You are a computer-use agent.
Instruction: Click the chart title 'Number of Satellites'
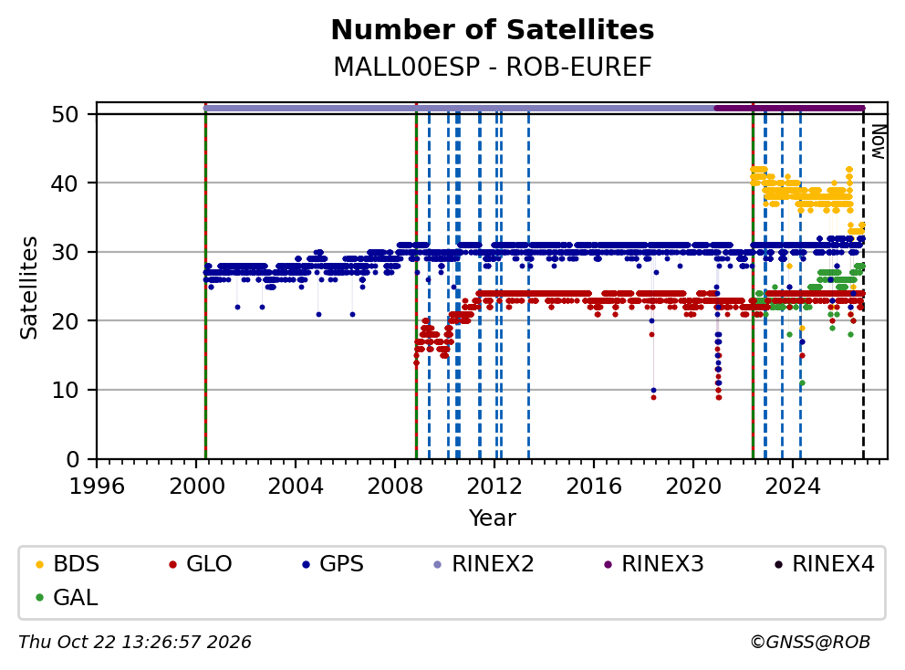(493, 30)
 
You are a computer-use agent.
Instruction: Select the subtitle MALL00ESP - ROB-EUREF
(493, 67)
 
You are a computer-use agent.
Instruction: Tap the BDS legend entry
(68, 564)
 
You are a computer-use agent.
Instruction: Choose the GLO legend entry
(201, 564)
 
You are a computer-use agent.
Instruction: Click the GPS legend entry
(333, 564)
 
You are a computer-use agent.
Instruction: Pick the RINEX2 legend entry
(484, 564)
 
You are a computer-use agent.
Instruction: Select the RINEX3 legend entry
(654, 564)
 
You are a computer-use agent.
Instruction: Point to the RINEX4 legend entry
(824, 564)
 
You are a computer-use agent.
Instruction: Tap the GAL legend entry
(67, 597)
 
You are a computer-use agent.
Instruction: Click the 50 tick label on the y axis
(65, 114)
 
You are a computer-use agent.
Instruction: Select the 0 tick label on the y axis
(73, 460)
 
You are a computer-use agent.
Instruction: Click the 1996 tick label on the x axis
(97, 487)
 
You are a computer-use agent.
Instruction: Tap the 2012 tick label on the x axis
(494, 487)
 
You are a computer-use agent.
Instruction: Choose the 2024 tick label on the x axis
(793, 487)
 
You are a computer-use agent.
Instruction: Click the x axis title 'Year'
(493, 518)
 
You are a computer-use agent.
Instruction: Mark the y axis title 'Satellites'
(29, 287)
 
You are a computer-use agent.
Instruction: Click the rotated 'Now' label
(878, 142)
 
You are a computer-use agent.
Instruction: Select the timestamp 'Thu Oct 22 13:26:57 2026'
(135, 642)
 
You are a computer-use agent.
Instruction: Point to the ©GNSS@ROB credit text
(810, 642)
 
